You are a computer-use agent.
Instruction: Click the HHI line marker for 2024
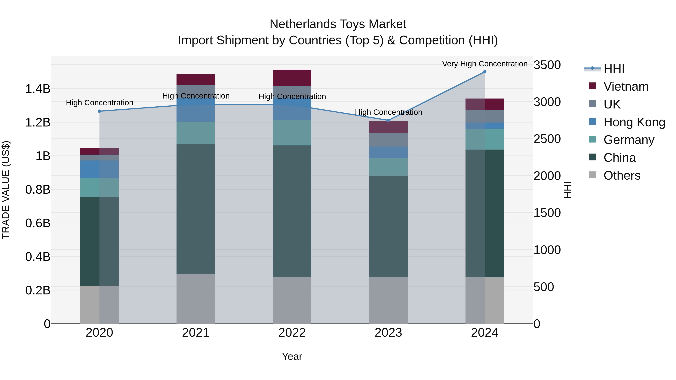coord(484,72)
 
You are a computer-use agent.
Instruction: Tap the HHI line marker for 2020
coord(100,111)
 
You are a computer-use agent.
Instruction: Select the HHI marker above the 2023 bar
coord(388,120)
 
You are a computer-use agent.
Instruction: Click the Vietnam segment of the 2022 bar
coord(292,78)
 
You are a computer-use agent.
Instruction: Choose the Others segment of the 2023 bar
coord(388,300)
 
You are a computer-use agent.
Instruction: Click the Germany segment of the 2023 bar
coord(388,167)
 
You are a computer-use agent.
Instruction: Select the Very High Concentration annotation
coord(484,64)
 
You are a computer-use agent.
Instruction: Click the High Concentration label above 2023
coord(388,112)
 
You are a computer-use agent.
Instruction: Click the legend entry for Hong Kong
coord(634,122)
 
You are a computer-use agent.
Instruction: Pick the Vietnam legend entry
coord(626,87)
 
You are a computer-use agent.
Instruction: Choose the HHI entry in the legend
coord(613,69)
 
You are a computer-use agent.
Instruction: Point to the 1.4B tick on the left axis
coord(38,89)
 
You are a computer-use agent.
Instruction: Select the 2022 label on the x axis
coord(292,333)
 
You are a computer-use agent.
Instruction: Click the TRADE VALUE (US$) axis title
coord(6,190)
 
